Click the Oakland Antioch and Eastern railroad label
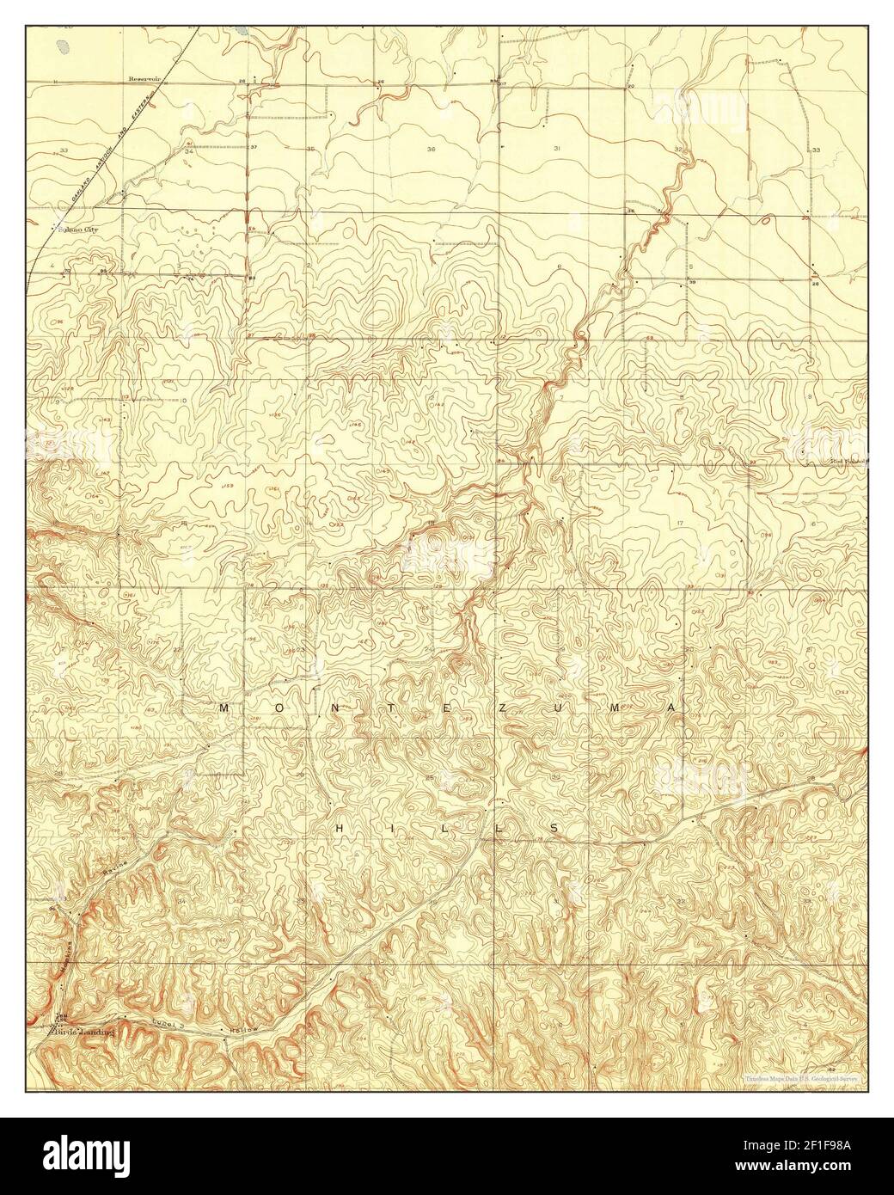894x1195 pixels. pos(120,150)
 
